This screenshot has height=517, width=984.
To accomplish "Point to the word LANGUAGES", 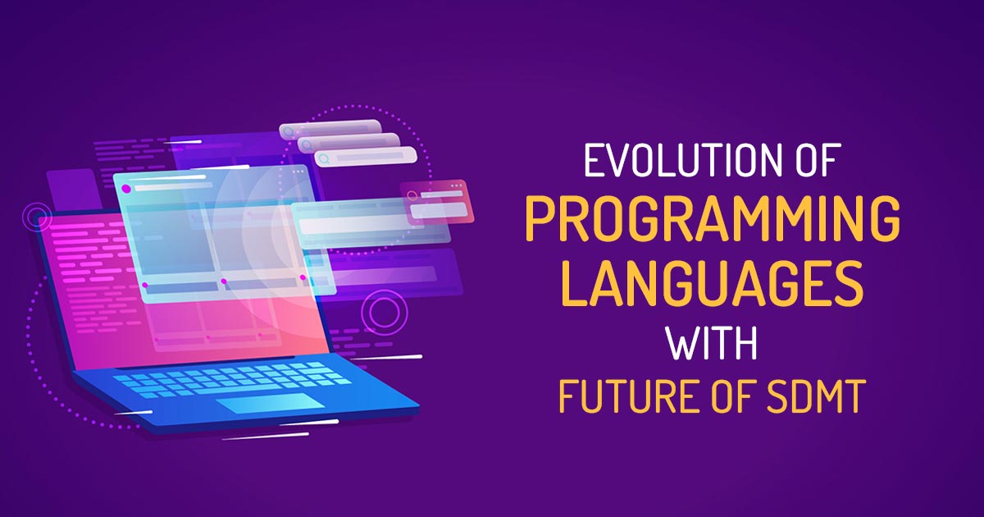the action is tap(713, 286).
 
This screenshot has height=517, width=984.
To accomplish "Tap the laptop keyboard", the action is tap(231, 380).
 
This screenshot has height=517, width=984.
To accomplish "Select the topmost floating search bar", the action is tap(330, 130).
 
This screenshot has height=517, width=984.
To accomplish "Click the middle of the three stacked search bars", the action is tap(349, 143).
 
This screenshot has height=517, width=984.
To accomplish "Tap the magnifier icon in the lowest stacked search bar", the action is tap(324, 158).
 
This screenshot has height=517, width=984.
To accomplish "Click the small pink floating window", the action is tap(437, 202).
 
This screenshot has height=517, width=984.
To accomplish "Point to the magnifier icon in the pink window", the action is tap(412, 195).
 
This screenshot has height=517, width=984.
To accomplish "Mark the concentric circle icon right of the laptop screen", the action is tap(385, 312).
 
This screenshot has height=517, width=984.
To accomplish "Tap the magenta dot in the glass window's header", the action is tap(126, 189).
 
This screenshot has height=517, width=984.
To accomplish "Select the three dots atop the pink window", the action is tap(456, 186).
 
